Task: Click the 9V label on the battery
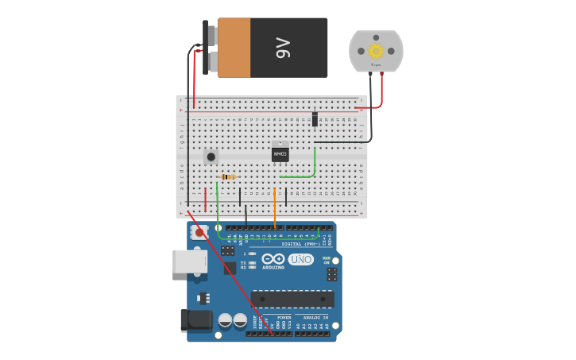click(283, 48)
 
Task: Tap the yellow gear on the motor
click(376, 51)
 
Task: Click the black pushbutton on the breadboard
click(211, 157)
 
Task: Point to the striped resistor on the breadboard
click(229, 176)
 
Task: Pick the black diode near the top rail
click(315, 119)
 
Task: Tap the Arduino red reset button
click(199, 233)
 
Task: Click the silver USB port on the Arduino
click(188, 261)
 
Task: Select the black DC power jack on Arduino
click(194, 320)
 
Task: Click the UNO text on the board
click(300, 259)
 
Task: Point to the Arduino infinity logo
click(273, 259)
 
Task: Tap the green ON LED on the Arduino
click(326, 259)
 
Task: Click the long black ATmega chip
click(292, 299)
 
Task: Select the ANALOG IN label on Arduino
click(315, 317)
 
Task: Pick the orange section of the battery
click(234, 48)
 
